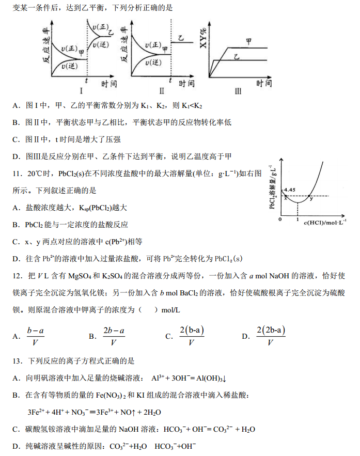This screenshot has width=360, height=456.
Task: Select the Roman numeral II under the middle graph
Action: click(x=162, y=92)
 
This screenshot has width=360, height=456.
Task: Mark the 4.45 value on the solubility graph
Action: click(x=290, y=190)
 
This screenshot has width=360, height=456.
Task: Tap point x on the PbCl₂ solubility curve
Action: click(x=286, y=199)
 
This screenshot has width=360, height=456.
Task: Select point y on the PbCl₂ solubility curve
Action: click(x=311, y=198)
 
